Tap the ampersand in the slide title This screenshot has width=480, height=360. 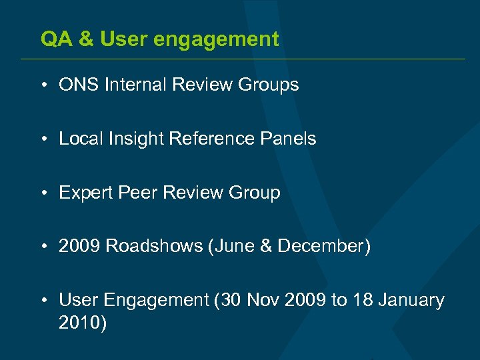pyautogui.click(x=87, y=39)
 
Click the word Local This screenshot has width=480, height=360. pyautogui.click(x=78, y=139)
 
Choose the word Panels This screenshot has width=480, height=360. pyautogui.click(x=289, y=139)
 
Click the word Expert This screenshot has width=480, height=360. pyautogui.click(x=83, y=193)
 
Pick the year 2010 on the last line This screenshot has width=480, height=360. pyautogui.click(x=79, y=323)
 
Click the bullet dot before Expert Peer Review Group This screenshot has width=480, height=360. pyautogui.click(x=43, y=193)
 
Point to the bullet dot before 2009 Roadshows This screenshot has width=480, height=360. pyautogui.click(x=43, y=247)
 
